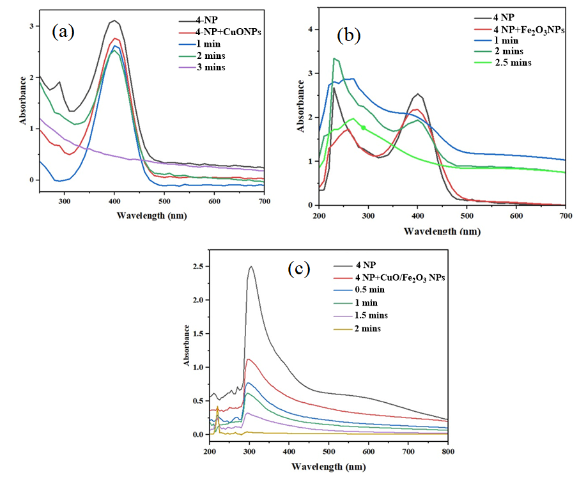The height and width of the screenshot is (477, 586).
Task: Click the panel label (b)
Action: point(349,35)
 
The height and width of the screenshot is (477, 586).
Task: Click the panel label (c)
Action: point(298,269)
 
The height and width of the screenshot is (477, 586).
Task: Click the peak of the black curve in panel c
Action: point(251,267)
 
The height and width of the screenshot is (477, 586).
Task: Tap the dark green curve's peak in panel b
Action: point(334,58)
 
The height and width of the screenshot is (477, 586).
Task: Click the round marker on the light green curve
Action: point(364,128)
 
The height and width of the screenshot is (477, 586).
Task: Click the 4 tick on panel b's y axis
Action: point(309,29)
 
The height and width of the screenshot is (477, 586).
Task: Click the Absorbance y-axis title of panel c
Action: point(187,345)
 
